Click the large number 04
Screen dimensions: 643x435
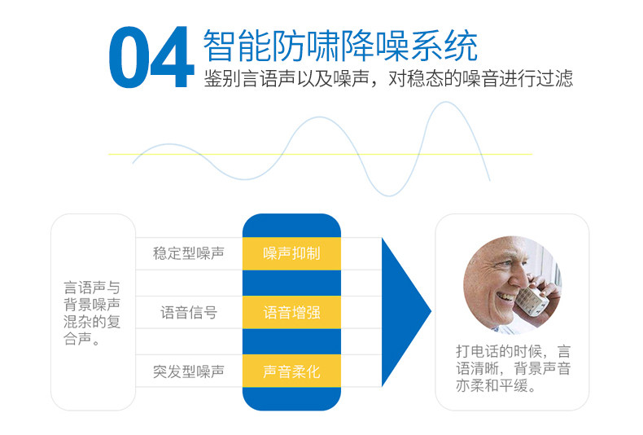pos(151,57)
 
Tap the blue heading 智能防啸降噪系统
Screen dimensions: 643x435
pos(340,46)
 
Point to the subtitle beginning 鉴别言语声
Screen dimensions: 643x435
pos(388,78)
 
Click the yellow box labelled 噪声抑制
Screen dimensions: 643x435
pos(291,253)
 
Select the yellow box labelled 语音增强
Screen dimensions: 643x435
pos(291,312)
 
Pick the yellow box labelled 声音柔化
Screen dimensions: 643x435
pos(291,371)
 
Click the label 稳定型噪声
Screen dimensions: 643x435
pos(189,253)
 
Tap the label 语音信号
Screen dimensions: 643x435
pos(189,313)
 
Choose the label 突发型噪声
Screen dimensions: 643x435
pos(189,371)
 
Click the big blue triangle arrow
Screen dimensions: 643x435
pos(404,312)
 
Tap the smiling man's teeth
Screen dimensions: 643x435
pos(505,296)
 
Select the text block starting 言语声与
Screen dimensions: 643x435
pos(92,313)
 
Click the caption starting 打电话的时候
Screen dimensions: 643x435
pos(513,368)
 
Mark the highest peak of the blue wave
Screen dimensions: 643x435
pos(446,102)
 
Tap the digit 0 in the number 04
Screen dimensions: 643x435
pos(129,57)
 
